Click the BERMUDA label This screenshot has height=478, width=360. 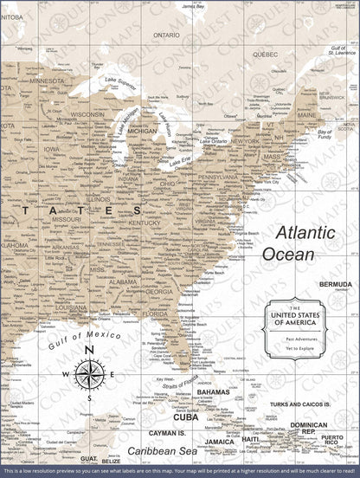pos(335,283)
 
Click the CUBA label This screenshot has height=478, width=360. pos(185,417)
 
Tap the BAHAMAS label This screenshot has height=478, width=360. pos(212,392)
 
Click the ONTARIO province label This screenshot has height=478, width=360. pos(166,35)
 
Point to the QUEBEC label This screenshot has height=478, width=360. pos(265,54)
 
